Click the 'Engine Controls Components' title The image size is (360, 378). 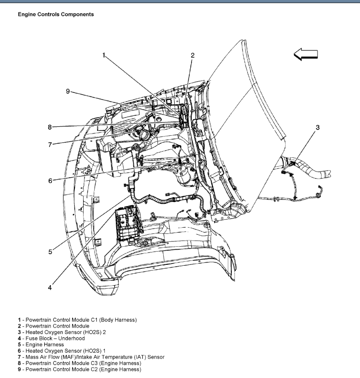click(55, 15)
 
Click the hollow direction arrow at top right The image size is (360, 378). click(306, 54)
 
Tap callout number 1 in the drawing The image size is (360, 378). click(104, 55)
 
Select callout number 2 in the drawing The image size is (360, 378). click(192, 55)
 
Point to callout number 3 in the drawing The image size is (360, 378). click(317, 128)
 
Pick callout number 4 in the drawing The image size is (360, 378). click(50, 287)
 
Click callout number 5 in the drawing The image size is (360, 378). click(50, 252)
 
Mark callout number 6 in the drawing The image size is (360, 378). click(50, 180)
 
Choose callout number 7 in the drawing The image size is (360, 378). click(50, 144)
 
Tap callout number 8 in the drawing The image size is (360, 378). click(50, 127)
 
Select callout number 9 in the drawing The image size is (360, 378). click(68, 92)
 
